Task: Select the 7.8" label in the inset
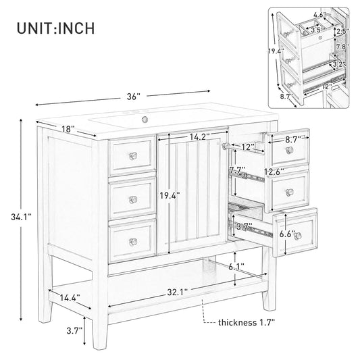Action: click(x=342, y=47)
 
